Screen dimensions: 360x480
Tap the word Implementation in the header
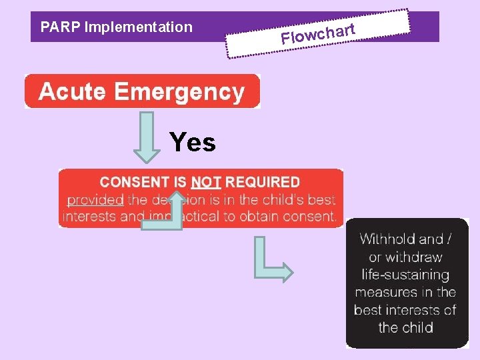[139, 27]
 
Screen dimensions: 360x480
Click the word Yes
[193, 142]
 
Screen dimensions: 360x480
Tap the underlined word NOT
[206, 182]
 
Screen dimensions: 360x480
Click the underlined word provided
[95, 199]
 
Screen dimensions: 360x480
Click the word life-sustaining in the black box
[405, 274]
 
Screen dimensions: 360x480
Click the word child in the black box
[416, 327]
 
